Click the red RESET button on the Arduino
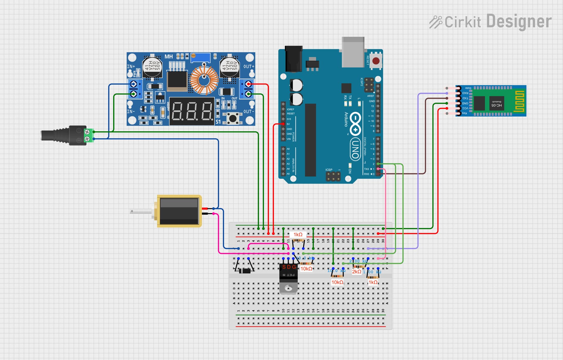[x=376, y=61]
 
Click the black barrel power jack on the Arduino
[x=293, y=59]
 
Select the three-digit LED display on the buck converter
[x=192, y=111]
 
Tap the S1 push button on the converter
[x=233, y=118]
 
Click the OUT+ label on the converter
[x=249, y=67]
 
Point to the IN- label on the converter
[x=131, y=112]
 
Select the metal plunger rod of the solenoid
[x=141, y=211]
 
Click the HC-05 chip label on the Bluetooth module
[x=496, y=105]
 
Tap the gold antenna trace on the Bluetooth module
[x=519, y=101]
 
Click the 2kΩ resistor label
[x=357, y=272]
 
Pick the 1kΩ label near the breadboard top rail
[x=298, y=235]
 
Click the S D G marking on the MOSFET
[x=289, y=267]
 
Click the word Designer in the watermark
[x=518, y=21]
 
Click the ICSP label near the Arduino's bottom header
[x=329, y=170]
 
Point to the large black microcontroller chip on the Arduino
[x=310, y=140]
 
